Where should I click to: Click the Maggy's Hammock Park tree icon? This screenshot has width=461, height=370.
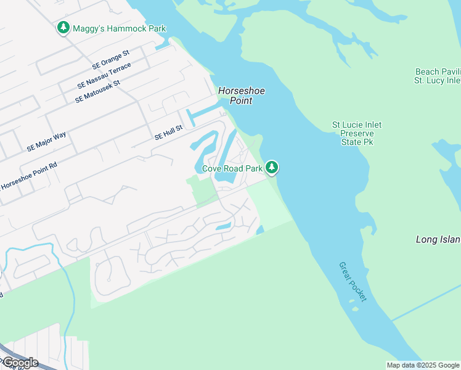coord(63,28)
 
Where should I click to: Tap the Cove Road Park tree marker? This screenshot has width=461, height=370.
coord(272,168)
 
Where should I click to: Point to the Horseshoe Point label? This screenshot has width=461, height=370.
coord(242,96)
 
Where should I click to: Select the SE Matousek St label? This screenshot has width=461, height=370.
coord(97,91)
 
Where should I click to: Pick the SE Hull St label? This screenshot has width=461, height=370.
coord(169,132)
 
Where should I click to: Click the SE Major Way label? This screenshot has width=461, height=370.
coord(46,141)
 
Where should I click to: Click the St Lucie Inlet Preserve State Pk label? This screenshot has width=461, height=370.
coord(357,133)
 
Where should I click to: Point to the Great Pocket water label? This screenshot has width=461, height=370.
coord(353,282)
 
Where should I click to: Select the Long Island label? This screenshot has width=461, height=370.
coord(438,239)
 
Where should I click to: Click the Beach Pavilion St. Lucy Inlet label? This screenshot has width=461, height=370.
coord(438,76)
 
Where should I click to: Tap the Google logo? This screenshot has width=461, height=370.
coord(20,362)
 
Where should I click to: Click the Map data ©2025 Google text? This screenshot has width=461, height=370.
coord(423,365)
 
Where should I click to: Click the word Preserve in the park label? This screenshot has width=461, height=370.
coord(357,133)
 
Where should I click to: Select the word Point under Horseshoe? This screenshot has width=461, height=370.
coord(242,101)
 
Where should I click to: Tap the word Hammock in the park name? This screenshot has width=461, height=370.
coord(124,28)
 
